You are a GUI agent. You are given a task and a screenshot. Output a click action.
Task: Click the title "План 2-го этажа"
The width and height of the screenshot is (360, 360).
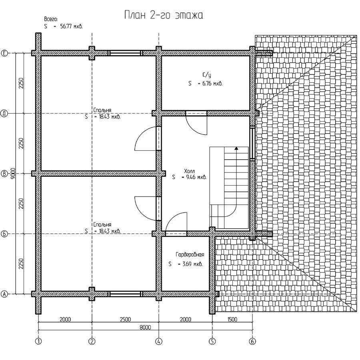click(x=164, y=15)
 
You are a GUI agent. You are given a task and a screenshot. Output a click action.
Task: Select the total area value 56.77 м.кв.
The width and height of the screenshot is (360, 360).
click(x=71, y=26)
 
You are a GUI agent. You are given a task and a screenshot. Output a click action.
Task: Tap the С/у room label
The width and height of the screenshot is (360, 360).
click(x=207, y=75)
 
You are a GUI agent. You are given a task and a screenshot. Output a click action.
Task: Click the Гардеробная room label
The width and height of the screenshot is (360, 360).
click(x=190, y=254)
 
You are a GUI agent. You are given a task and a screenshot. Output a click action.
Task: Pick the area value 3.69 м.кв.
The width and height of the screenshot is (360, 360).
click(x=192, y=264)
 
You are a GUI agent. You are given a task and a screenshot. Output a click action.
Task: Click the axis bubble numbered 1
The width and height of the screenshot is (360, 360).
click(x=38, y=342)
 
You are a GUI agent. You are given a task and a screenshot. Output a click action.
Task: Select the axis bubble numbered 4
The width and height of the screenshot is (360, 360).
click(x=159, y=342)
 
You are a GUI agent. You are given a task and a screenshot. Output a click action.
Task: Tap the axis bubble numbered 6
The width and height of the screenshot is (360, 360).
click(x=252, y=342)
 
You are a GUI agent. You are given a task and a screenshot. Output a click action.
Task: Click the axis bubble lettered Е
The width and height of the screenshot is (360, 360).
click(x=4, y=53)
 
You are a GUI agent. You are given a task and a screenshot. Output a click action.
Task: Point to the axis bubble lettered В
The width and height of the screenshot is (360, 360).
click(x=4, y=174)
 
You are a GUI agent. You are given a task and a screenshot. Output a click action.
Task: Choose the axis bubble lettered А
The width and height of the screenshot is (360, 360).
click(x=4, y=294)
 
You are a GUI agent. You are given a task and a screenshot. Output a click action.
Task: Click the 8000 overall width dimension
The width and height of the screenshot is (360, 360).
click(x=145, y=327)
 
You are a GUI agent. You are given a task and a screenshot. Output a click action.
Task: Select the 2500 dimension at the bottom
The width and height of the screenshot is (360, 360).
click(x=125, y=319)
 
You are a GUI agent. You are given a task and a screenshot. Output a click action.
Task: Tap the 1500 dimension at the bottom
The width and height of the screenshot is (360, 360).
click(x=232, y=319)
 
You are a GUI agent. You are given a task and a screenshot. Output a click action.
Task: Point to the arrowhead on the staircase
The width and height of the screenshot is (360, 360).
click(x=236, y=148)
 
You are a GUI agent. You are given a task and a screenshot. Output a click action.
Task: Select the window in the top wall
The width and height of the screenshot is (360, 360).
click(x=125, y=53)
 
